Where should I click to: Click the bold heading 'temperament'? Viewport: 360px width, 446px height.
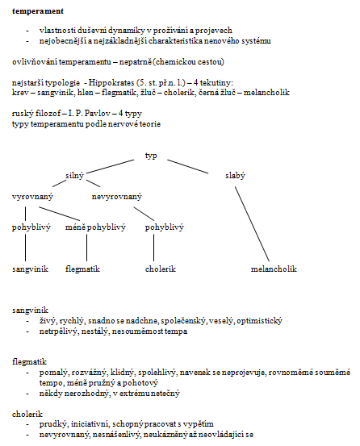[x=38, y=11]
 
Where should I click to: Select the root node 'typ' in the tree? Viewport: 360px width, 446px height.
[x=151, y=156]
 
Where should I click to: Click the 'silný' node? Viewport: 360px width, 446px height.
[x=74, y=176]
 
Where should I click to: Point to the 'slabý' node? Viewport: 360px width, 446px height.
[x=235, y=176]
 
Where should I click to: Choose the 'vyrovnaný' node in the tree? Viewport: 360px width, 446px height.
[x=32, y=197]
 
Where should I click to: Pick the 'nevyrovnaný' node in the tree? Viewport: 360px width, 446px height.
[x=117, y=197]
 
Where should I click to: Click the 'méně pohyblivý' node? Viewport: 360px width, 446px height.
[x=95, y=227]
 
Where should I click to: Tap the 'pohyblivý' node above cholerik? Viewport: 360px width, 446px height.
[x=164, y=227]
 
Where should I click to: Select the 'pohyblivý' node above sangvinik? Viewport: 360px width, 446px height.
[x=31, y=227]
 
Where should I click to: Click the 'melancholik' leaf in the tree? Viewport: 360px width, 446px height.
[x=274, y=269]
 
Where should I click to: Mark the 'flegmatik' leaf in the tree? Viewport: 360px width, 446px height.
[x=82, y=269]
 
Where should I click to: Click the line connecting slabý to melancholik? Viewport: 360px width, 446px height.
[x=252, y=224]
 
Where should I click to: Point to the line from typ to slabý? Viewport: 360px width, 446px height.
[x=188, y=166]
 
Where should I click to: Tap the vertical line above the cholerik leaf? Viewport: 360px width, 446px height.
[x=154, y=248]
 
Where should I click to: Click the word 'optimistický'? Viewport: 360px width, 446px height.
[x=259, y=321]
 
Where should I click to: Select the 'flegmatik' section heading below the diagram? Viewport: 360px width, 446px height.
[x=29, y=362]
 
